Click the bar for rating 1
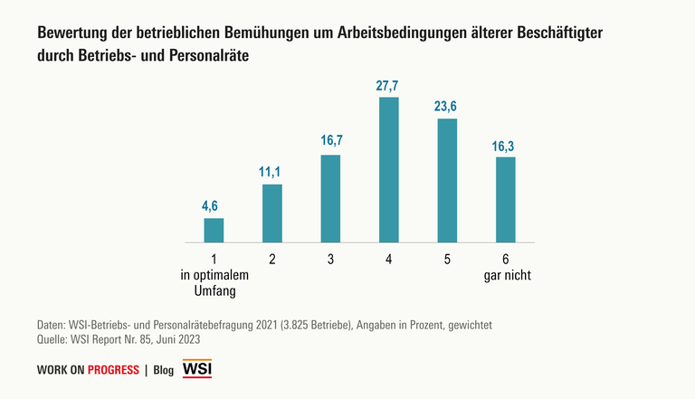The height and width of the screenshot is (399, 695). pos(214,230)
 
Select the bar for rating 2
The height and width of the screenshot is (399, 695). pos(271,213)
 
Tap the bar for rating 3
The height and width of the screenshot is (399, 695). pos(330,198)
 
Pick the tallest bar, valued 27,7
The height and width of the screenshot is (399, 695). pos(388,169)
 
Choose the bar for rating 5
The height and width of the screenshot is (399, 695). pos(447,180)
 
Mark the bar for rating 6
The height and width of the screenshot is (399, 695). pos(505,199)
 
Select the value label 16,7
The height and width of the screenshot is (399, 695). pos(330,143)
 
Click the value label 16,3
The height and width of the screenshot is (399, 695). pos(505,145)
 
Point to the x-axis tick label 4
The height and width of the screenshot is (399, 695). pos(388,260)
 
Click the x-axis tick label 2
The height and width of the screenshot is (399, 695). pos(271,260)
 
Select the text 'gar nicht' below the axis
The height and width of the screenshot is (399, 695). pos(505,275)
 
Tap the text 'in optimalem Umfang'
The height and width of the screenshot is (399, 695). pos(214,283)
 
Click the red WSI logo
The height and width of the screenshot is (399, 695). pos(196,369)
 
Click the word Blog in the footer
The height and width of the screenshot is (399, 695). pos(164,370)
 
